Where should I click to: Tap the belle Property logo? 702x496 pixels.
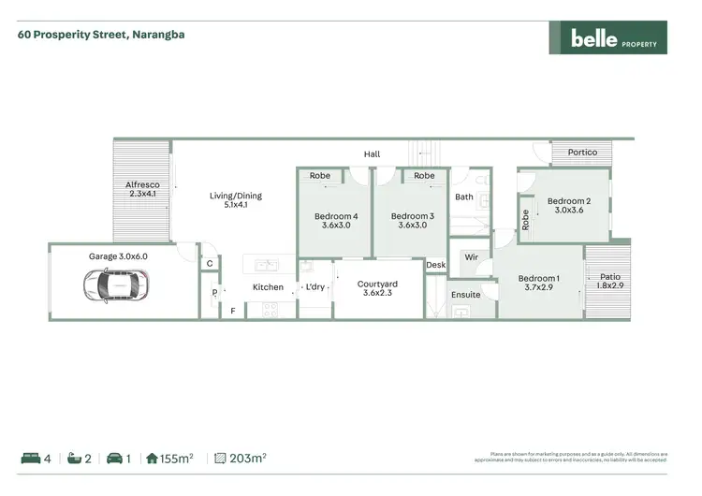tap(607, 38)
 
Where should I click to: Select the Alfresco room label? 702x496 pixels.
tap(142, 190)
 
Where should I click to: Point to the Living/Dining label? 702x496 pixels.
tap(235, 200)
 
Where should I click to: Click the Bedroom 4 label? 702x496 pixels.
tap(334, 219)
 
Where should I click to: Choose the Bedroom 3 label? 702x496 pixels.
tap(412, 219)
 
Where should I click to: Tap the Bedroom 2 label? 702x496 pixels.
tap(569, 206)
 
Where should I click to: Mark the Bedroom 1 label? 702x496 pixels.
tap(539, 283)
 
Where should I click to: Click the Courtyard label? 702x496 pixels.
tap(378, 288)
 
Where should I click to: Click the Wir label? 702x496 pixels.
tap(471, 255)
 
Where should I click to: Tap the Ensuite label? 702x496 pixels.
tap(465, 295)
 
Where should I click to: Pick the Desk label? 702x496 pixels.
tap(435, 266)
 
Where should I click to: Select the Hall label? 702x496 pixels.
tap(372, 154)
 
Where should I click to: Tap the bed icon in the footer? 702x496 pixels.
tap(30, 459)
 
